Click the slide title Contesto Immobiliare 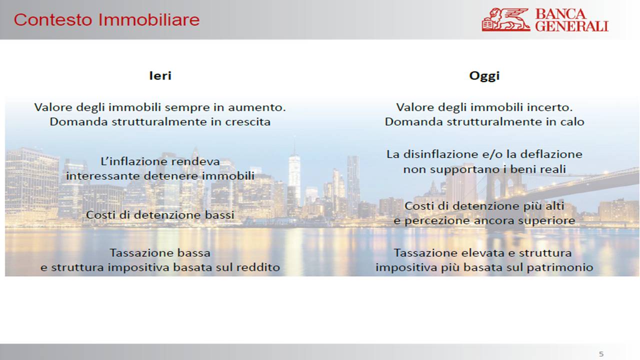pyautogui.click(x=106, y=20)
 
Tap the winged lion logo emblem pyautogui.click(x=505, y=19)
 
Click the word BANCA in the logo pyautogui.click(x=560, y=13)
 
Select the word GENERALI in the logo pyautogui.click(x=571, y=26)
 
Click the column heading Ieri pyautogui.click(x=160, y=75)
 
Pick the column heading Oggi pyautogui.click(x=484, y=75)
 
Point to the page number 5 pyautogui.click(x=601, y=354)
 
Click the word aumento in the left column pyautogui.click(x=263, y=107)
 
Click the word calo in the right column pyautogui.click(x=572, y=121)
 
